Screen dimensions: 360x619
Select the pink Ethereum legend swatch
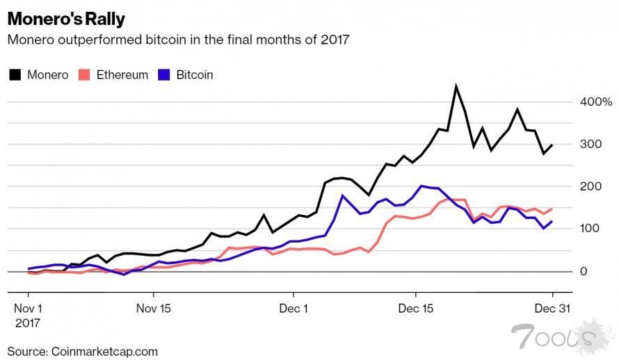click(x=86, y=74)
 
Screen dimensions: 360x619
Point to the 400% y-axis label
click(x=597, y=102)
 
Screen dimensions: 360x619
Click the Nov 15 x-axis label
click(x=153, y=307)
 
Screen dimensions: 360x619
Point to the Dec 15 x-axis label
click(x=417, y=307)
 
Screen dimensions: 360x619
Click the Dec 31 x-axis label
click(x=554, y=307)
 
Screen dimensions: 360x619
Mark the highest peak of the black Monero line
click(x=456, y=87)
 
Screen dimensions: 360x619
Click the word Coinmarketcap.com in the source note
click(x=104, y=352)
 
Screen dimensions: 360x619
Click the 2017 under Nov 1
click(x=27, y=323)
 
